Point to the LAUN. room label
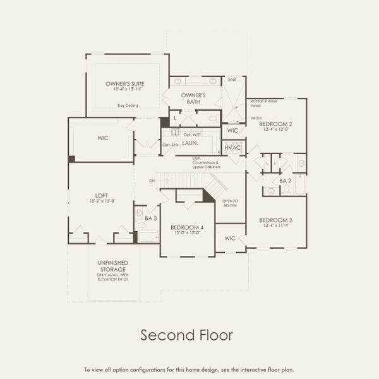click(x=191, y=143)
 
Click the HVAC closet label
click(x=232, y=147)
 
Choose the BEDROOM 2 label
click(x=276, y=124)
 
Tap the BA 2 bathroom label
click(x=285, y=181)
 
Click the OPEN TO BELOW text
click(x=231, y=204)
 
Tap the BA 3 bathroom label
click(x=150, y=218)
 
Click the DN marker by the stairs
click(x=152, y=181)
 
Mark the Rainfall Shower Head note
click(x=264, y=103)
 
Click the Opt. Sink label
click(x=171, y=145)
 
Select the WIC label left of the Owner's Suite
click(x=103, y=138)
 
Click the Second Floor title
click(x=186, y=334)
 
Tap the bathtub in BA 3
click(x=149, y=238)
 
